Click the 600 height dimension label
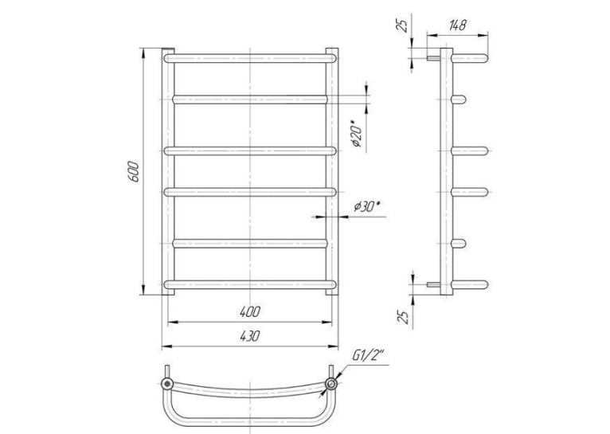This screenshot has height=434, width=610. tap(134, 171)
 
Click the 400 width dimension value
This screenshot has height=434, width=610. tap(250, 312)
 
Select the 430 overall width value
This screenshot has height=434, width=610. tap(250, 336)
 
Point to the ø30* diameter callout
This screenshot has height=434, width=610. tap(366, 206)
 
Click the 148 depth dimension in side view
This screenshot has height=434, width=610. tap(457, 25)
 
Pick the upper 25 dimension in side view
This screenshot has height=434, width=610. tap(405, 25)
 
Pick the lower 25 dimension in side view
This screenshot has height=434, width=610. tap(405, 317)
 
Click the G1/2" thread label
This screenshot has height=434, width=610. tap(368, 355)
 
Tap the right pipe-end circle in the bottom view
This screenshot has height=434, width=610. tap(331, 384)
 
